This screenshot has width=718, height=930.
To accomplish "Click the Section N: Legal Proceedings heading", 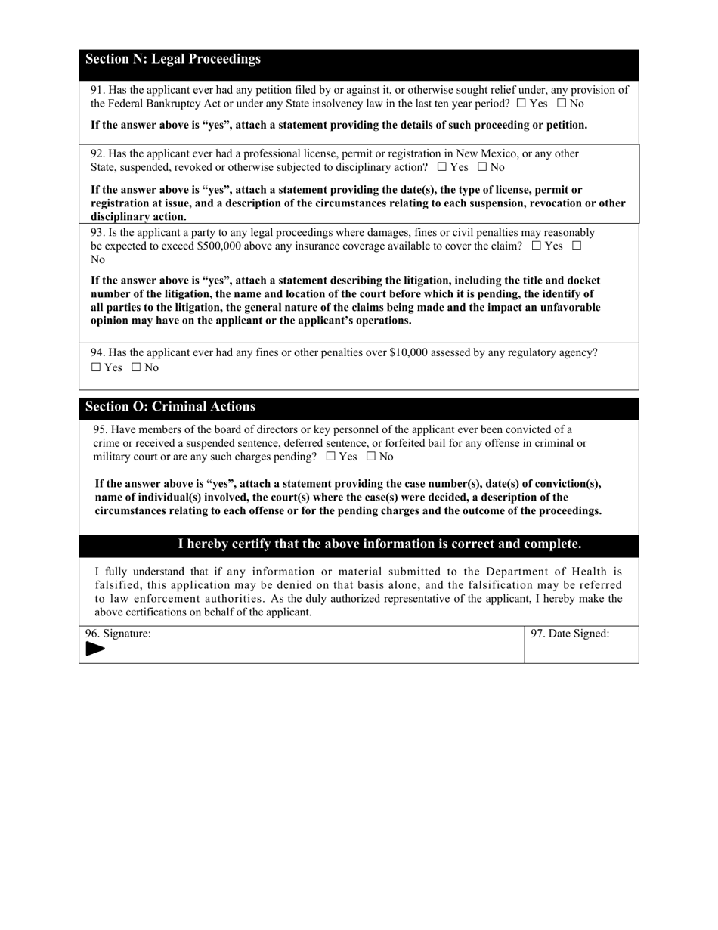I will tap(173, 59).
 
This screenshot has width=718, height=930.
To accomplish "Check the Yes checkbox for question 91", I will tap(521, 104).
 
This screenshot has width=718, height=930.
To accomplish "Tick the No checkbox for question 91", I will tap(562, 104).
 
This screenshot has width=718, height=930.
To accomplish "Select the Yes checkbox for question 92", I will tap(442, 167).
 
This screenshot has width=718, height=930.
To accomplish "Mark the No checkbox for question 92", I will tap(482, 167).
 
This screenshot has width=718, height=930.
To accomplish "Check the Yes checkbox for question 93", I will tap(537, 246).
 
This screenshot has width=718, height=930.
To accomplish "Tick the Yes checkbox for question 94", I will tap(95, 367).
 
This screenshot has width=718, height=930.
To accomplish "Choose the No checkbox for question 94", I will tap(136, 367).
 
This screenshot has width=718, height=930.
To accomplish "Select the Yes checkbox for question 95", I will tap(330, 457).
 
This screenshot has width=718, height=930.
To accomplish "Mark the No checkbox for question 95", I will tap(371, 457).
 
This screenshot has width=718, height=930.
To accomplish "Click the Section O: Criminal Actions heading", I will tap(170, 407).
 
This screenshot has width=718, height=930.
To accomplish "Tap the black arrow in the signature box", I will tap(95, 649).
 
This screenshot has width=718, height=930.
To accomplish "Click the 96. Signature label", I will tap(118, 634).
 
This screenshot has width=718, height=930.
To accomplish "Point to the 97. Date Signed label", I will tap(570, 634).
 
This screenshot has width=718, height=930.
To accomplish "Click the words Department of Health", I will tap(544, 572).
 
